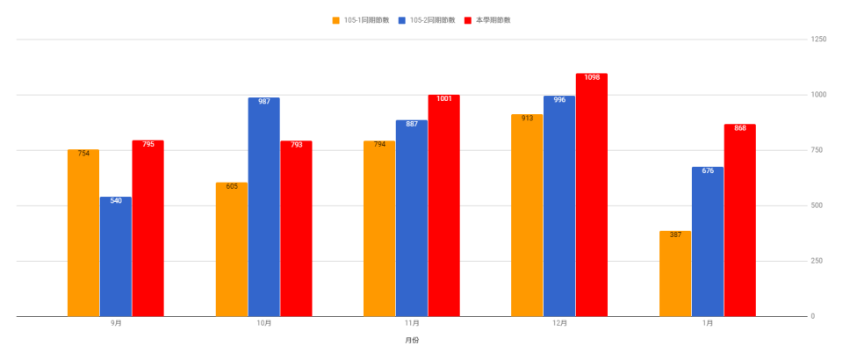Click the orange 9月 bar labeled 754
click(83, 233)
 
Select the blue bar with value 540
click(116, 256)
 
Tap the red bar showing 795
click(148, 228)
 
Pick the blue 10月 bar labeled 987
click(263, 206)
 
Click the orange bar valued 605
click(232, 249)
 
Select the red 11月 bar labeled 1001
click(443, 205)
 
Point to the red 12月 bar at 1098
click(592, 195)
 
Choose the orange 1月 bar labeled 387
click(675, 273)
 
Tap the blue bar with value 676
click(708, 241)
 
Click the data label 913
click(528, 118)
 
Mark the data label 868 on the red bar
click(740, 128)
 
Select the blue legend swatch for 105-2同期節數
click(401, 19)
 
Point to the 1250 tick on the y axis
click(818, 40)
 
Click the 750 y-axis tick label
click(817, 150)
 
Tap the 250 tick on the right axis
click(817, 261)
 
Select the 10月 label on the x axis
click(264, 323)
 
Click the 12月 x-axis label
click(560, 323)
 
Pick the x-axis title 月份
click(412, 340)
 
